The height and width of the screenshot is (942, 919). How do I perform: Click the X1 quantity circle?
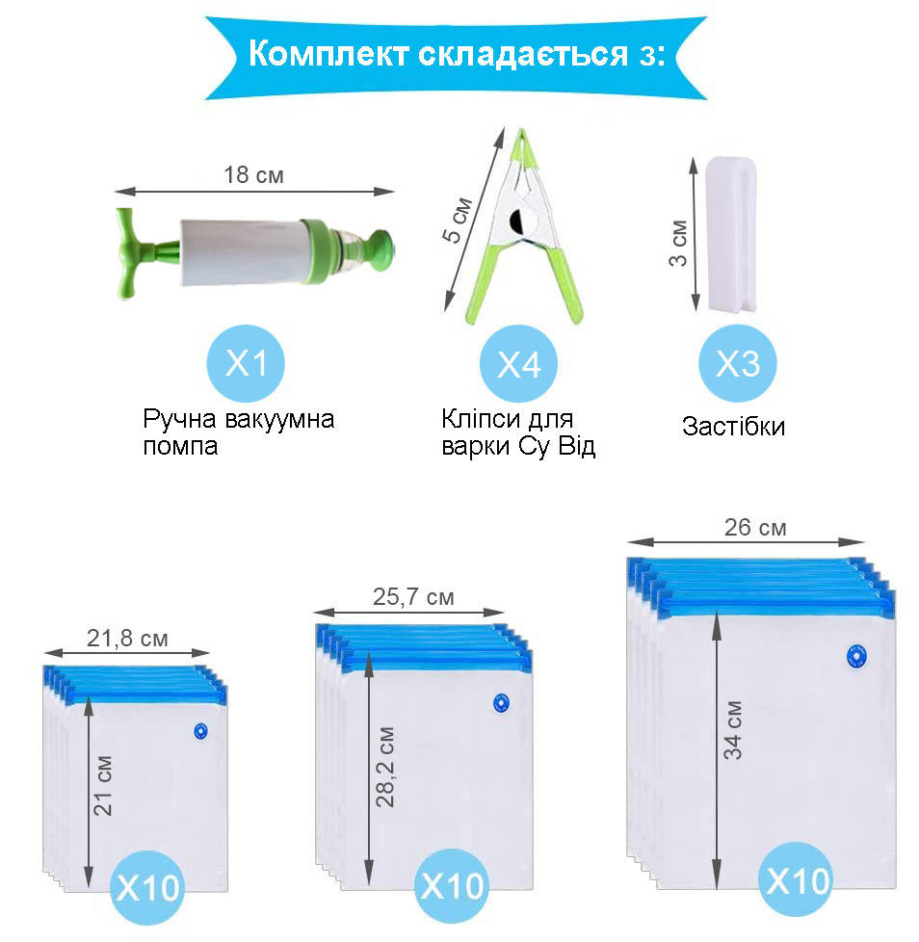(x=246, y=363)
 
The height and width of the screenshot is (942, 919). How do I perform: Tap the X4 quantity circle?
(x=518, y=363)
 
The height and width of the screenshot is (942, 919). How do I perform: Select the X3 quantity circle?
(x=738, y=363)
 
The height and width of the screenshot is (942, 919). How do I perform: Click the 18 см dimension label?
(x=253, y=175)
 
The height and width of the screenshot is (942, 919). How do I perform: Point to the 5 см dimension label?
(x=458, y=220)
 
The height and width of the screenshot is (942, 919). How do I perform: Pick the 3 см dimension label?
(x=678, y=243)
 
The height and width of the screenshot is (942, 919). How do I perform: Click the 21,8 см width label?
(x=127, y=638)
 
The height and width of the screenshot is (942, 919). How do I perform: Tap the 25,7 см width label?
(x=413, y=596)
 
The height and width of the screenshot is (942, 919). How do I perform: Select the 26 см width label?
(x=755, y=528)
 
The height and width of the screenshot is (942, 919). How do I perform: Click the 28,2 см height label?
(x=385, y=767)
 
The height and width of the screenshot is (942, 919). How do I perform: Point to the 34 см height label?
(x=733, y=730)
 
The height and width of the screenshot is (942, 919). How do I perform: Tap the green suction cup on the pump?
(x=381, y=249)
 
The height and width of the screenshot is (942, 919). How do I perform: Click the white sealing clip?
(x=731, y=234)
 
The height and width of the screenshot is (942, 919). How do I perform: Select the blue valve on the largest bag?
(x=856, y=657)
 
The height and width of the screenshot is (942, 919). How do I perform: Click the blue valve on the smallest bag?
(x=201, y=731)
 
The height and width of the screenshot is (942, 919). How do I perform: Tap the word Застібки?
(x=733, y=426)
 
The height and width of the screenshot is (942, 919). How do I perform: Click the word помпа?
(x=180, y=447)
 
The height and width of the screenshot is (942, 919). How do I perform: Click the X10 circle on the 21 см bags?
(x=147, y=887)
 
